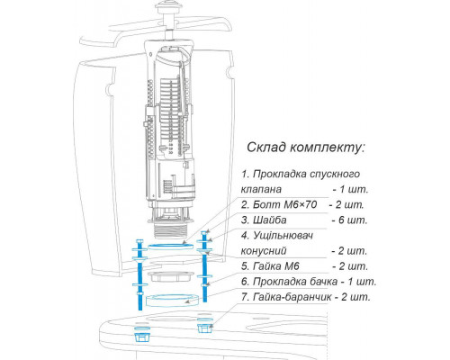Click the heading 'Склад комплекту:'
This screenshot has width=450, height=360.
(306, 148)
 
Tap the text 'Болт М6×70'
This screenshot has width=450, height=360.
(284, 205)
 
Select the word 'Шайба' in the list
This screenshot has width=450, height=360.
(270, 220)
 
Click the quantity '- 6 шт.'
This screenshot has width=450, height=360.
(349, 220)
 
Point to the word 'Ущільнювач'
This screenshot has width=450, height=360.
(283, 236)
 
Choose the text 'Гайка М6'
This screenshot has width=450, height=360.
(276, 266)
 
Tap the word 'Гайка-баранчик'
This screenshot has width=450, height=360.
(292, 297)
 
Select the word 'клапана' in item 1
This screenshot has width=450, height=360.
(261, 190)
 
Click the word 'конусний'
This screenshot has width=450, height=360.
(264, 251)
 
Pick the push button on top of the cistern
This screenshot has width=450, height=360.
(168, 6)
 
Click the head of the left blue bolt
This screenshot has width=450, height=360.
(140, 242)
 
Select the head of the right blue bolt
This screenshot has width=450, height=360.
(204, 233)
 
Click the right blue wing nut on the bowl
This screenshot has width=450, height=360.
(205, 327)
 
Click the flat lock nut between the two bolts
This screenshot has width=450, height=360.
(170, 276)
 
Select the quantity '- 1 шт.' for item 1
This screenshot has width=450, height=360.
(350, 190)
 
